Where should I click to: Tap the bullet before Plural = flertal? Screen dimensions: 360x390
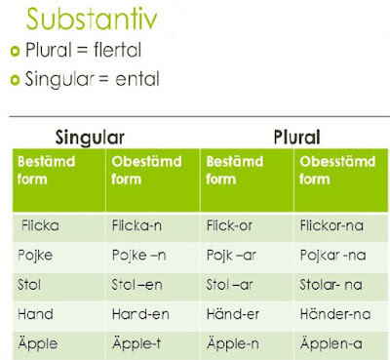pos(16,52)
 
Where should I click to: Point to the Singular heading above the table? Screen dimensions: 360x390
pos(91,138)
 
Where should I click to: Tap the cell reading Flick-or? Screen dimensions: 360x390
pos(231,225)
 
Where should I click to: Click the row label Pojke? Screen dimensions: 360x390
pos(35,257)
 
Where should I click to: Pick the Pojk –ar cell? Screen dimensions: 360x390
pos(232,258)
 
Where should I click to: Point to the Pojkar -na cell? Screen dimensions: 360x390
pos(332,258)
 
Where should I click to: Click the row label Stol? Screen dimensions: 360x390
pos(30,288)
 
